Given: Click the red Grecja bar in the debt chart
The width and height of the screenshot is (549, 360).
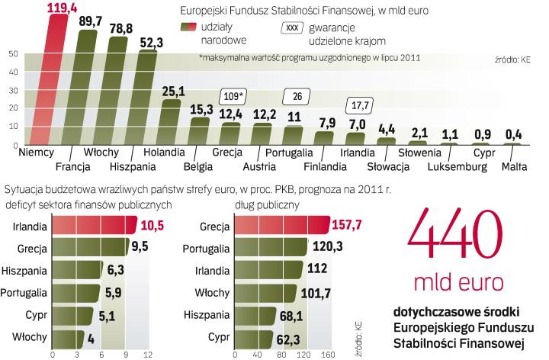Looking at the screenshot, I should tap(281, 227).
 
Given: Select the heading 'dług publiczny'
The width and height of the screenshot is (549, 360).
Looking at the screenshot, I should tap(265, 204).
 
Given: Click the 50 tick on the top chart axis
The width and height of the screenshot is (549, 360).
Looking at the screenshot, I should tap(14, 53).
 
